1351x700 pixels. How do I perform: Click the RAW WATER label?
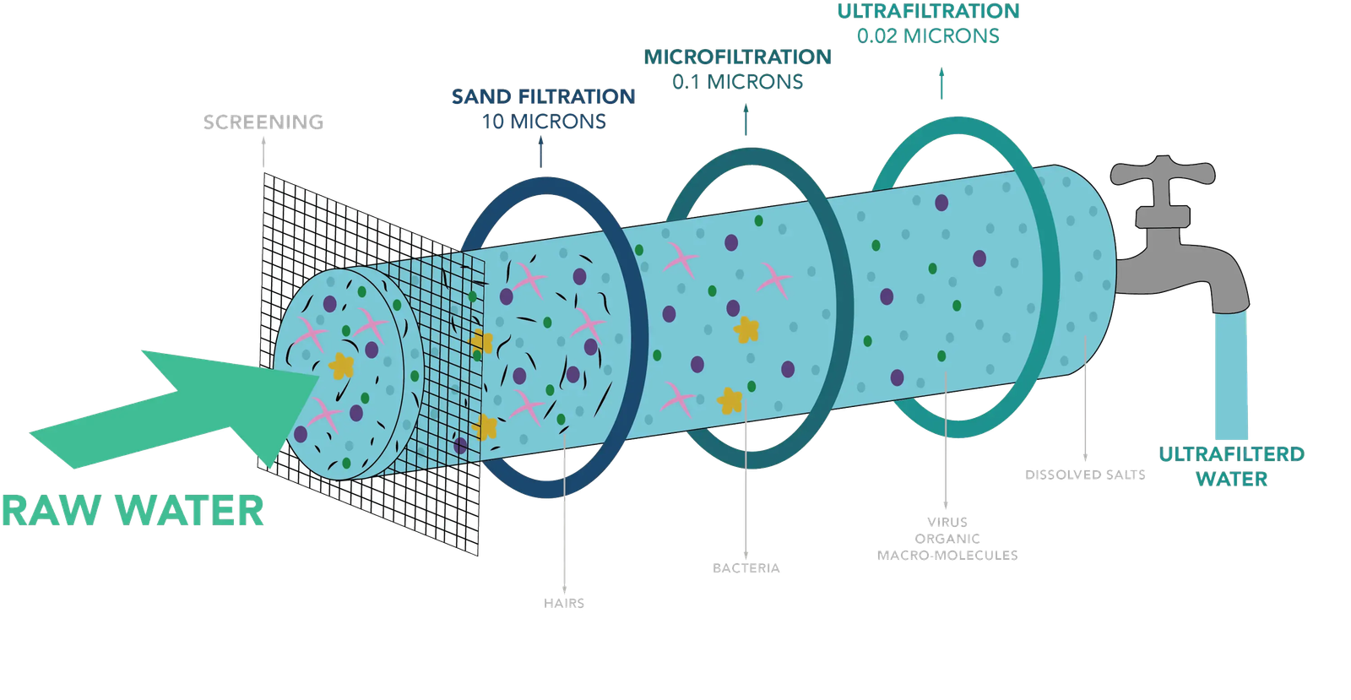(x=133, y=510)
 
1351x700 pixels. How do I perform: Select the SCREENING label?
(x=263, y=122)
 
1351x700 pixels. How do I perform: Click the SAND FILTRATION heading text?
(x=542, y=96)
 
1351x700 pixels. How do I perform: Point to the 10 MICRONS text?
(x=544, y=122)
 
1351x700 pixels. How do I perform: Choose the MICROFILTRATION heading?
(x=737, y=57)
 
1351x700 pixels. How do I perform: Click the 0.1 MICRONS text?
(x=737, y=82)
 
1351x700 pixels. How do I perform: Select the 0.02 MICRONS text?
(x=928, y=36)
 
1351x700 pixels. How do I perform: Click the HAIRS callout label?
(x=564, y=604)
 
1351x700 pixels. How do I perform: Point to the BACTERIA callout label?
(x=746, y=568)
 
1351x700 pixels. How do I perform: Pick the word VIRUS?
(x=947, y=522)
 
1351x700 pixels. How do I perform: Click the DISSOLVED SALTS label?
(x=1085, y=475)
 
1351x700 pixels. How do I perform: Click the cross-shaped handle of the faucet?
(x=1164, y=174)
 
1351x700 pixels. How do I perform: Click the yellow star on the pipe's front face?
(x=342, y=365)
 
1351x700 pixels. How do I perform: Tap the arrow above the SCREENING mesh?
(x=263, y=152)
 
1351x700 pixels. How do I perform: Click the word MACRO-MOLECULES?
(x=947, y=556)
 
